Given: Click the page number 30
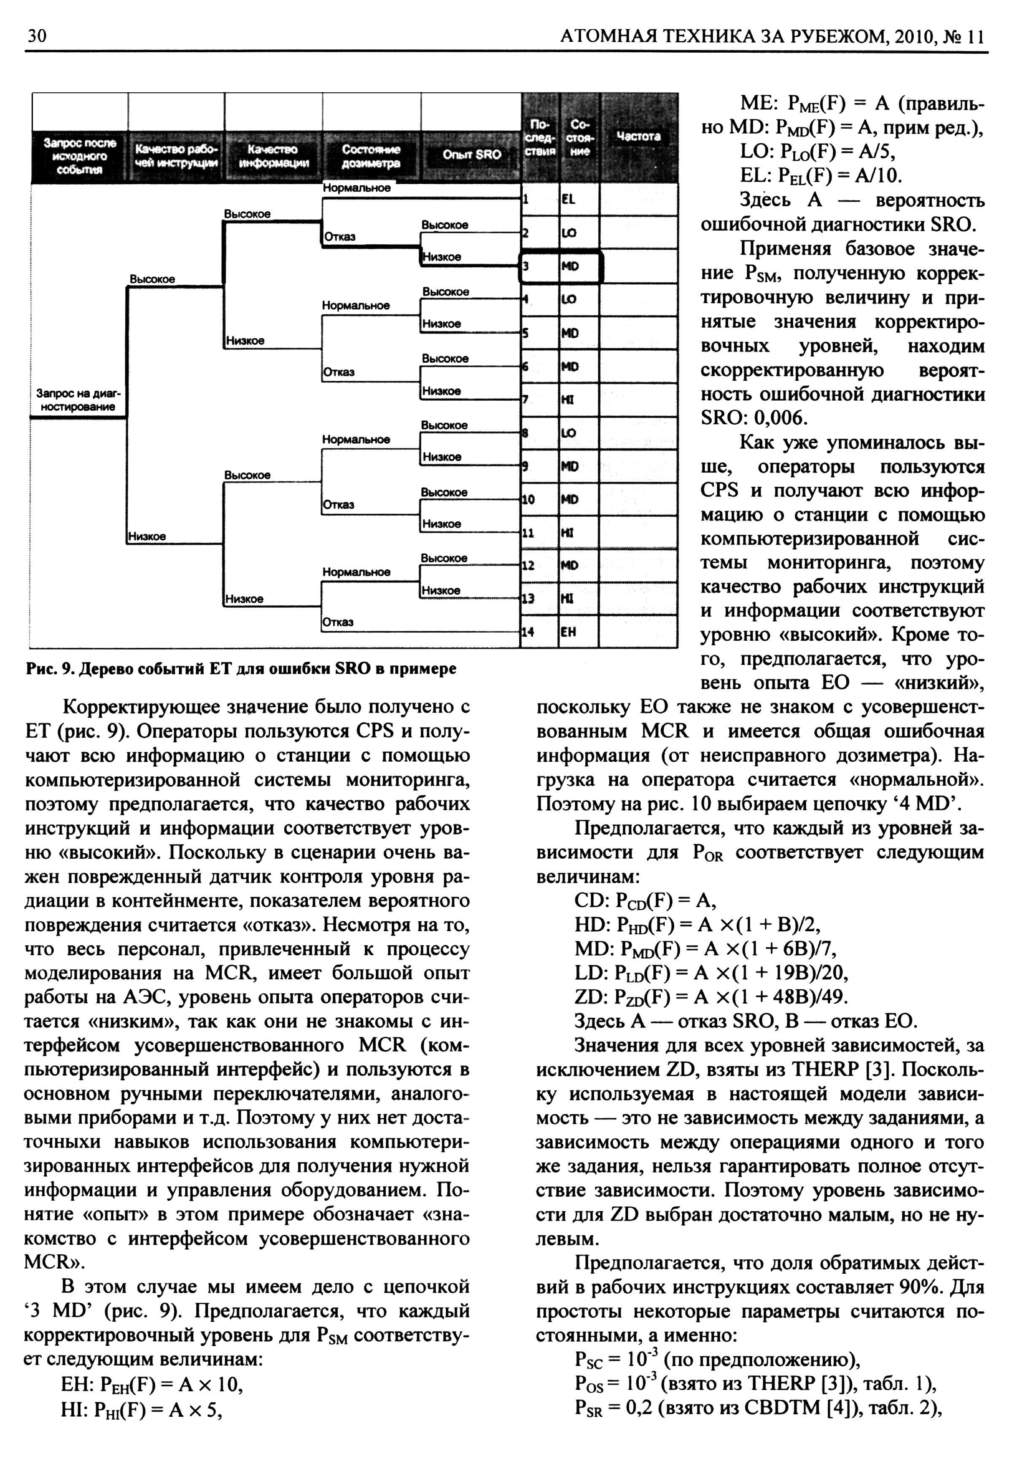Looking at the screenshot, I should click(37, 36).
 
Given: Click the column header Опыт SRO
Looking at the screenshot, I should click(472, 154).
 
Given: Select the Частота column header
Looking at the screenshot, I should click(638, 136).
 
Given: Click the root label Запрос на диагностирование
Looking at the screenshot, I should click(76, 400).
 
